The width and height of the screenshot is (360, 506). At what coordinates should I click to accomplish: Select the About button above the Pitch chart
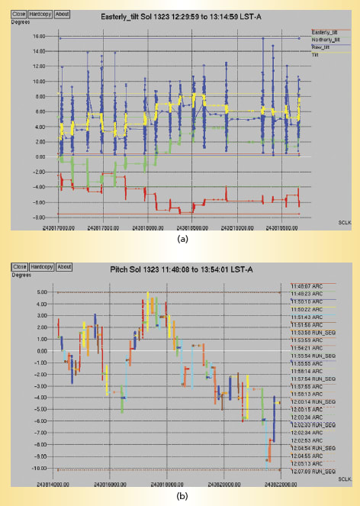click(x=64, y=266)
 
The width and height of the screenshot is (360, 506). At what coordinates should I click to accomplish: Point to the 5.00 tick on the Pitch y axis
click(x=24, y=292)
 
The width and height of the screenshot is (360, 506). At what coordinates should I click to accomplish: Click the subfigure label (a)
click(x=181, y=239)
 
